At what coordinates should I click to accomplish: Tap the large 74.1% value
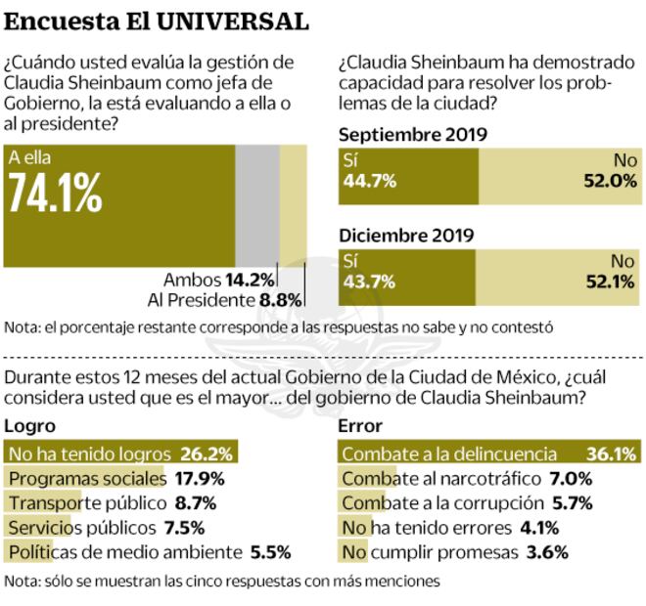55,195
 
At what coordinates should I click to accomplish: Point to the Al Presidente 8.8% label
224,300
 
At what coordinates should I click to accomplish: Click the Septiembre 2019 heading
413,135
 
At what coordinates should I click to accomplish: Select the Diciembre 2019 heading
406,236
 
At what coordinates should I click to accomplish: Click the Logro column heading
30,426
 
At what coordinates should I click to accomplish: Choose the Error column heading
359,426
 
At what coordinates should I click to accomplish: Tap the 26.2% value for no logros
207,454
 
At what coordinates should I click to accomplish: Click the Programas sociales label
86,479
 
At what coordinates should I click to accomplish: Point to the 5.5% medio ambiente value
270,552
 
